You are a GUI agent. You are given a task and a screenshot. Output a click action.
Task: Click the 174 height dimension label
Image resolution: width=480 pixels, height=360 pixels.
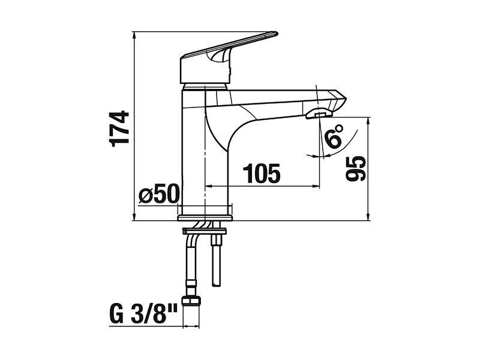click(119, 129)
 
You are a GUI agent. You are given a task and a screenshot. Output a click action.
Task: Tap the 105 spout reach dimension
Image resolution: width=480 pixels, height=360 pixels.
click(262, 173)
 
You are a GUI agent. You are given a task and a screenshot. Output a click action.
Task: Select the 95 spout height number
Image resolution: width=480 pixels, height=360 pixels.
click(356, 169)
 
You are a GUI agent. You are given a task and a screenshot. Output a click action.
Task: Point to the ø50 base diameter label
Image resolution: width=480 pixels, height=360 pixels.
click(158, 193)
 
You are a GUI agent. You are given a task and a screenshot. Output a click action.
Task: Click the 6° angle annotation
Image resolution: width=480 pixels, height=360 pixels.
click(334, 136)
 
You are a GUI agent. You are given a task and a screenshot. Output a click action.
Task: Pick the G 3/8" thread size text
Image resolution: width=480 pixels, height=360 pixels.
click(143, 313)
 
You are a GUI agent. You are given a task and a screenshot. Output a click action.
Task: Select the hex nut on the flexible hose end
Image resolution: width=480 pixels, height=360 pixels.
click(191, 300)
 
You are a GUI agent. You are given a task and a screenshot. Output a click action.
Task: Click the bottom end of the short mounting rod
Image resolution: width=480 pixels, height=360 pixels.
click(216, 286)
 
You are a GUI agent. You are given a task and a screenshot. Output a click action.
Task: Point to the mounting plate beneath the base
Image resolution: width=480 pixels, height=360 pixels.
click(204, 231)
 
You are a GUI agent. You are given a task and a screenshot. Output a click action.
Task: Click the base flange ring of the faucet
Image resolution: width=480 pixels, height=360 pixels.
click(205, 218)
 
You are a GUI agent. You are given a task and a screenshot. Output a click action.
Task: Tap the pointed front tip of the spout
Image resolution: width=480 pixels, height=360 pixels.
click(346, 98)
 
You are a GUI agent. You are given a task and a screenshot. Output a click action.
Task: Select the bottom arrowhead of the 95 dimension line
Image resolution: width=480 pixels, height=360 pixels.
click(368, 217)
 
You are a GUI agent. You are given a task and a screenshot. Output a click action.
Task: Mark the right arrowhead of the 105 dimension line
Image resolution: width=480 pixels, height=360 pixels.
click(316, 186)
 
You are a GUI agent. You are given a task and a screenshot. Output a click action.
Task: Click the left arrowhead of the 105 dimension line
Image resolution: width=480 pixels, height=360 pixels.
click(208, 186)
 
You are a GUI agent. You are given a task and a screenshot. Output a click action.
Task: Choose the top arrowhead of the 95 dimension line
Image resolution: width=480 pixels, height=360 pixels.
click(368, 121)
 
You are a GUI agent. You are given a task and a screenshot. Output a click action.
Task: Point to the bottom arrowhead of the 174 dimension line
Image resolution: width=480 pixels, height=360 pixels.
click(134, 217)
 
